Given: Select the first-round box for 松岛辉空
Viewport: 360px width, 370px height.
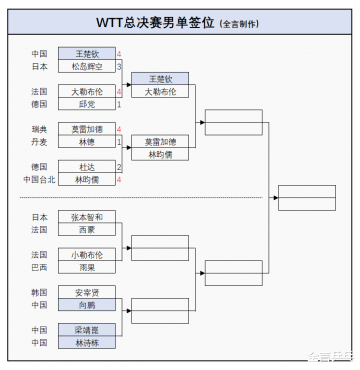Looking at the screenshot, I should pos(86,66).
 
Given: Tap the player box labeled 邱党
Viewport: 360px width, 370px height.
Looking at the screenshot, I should pos(86,104).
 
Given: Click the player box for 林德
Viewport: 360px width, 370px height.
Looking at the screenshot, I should pos(86,142).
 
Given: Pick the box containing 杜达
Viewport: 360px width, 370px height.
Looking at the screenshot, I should pos(86,167).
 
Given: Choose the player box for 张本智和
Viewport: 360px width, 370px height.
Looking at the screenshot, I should pos(86,217).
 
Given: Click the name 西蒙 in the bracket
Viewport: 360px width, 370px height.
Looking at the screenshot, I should pos(86,229).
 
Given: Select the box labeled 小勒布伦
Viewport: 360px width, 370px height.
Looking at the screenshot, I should pos(86,254).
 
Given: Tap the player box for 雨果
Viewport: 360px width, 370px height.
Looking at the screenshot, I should pos(86,267).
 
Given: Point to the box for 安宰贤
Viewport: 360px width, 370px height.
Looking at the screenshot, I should pos(86,292).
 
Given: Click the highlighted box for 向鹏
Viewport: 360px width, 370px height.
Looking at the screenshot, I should pos(86,305).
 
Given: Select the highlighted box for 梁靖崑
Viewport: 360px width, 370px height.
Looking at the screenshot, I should pos(86,330).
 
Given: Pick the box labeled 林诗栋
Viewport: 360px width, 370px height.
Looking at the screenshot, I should pos(86,342).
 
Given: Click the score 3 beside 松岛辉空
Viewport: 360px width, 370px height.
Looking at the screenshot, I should pos(119,66).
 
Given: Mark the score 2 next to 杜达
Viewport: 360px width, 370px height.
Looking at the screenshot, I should pos(119,167).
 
